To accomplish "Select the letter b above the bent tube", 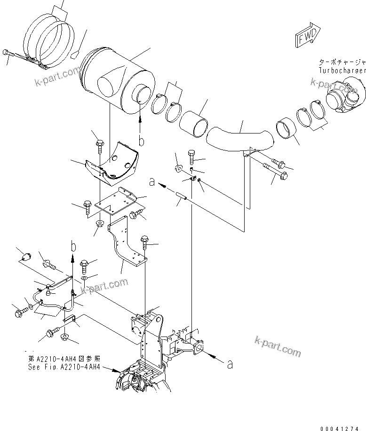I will (x=72, y=245).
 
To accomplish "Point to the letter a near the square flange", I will (x=230, y=364).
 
